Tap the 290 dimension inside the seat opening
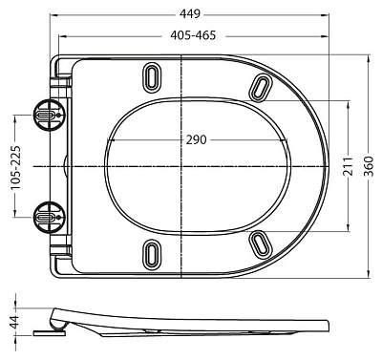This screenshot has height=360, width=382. click(197, 140)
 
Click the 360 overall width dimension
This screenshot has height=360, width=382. click(370, 166)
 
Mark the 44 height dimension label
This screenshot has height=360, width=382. click(12, 321)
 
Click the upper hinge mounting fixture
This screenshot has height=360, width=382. click(48, 116)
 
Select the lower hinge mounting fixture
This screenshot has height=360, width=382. click(48, 217)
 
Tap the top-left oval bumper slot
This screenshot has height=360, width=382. click(151, 76)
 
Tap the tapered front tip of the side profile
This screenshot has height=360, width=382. click(329, 325)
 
